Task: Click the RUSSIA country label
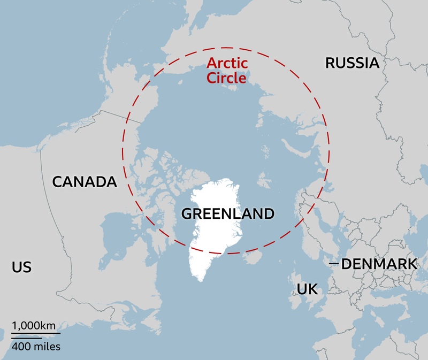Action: pyautogui.click(x=352, y=63)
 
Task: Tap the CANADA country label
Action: pyautogui.click(x=84, y=181)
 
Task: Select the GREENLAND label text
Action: pyautogui.click(x=228, y=214)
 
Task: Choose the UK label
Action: pyautogui.click(x=307, y=289)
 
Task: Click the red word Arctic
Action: pyautogui.click(x=227, y=64)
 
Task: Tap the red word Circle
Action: pyautogui.click(x=227, y=78)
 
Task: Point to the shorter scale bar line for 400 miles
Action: pyautogui.click(x=27, y=338)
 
